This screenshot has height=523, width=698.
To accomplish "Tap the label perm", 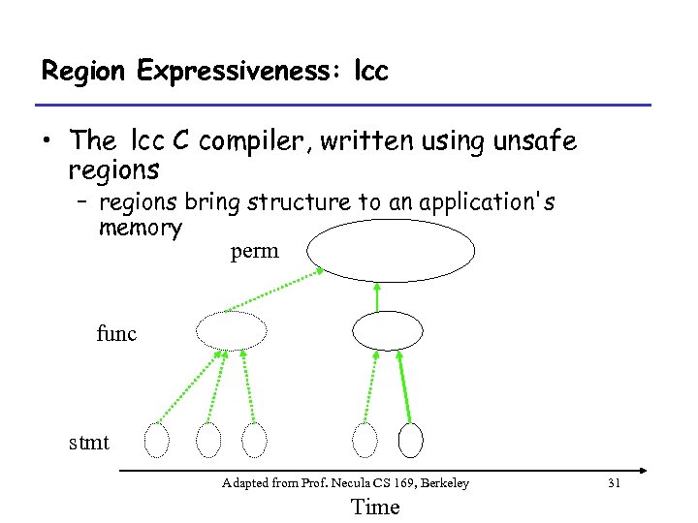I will click(x=254, y=252).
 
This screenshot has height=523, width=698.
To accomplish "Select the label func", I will click(x=117, y=334).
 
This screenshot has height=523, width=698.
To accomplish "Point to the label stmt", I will click(x=89, y=444).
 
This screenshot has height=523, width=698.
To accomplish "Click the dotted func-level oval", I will click(x=231, y=330).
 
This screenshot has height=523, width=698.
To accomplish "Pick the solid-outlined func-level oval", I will click(x=388, y=330).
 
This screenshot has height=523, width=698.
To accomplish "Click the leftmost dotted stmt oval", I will click(x=156, y=440).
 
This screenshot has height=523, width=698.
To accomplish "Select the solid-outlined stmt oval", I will click(x=411, y=440).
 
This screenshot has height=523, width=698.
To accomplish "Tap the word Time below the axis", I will click(x=374, y=507).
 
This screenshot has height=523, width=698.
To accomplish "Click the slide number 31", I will click(x=613, y=482).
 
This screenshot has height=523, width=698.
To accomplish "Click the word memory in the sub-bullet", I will click(x=140, y=229).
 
